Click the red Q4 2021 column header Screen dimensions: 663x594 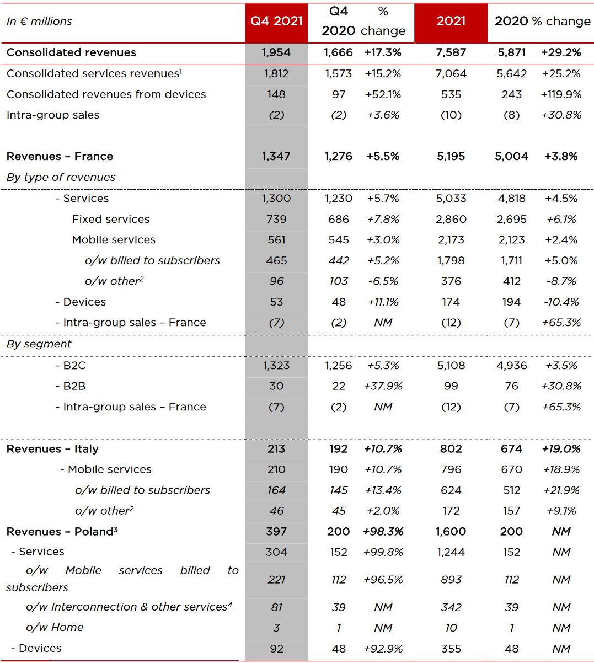tap(276, 22)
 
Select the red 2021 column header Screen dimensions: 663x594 tap(451, 22)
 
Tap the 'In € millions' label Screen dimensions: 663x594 tap(39, 22)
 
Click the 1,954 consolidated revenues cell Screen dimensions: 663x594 tap(276, 53)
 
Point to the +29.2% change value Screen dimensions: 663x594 tap(561, 53)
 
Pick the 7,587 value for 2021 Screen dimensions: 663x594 tap(451, 53)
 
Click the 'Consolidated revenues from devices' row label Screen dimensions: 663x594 tap(106, 95)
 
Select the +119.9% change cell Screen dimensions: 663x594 tap(561, 95)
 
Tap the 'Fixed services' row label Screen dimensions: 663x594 tap(110, 220)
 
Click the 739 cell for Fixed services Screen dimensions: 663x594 tap(276, 220)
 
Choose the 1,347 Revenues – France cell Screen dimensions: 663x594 tap(276, 157)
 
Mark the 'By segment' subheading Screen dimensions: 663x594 tap(39, 344)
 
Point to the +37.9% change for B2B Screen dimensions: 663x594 tap(383, 386)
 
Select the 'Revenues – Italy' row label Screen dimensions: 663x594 tap(52, 449)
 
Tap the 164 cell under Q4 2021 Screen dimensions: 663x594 tap(276, 490)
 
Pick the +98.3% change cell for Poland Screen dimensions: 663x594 tap(383, 532)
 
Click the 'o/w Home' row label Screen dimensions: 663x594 tap(55, 628)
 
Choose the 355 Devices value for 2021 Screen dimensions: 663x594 tap(451, 649)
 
